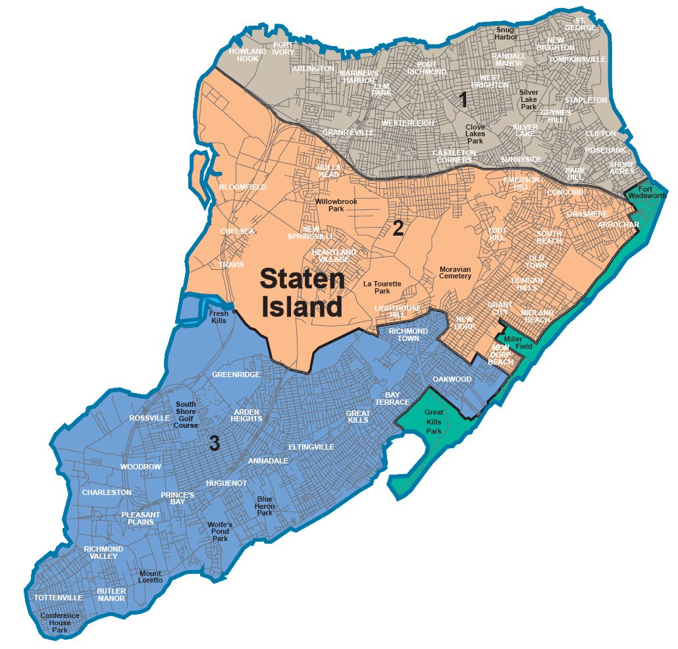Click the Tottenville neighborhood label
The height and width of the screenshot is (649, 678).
click(x=58, y=598)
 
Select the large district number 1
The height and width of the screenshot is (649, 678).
click(x=463, y=100)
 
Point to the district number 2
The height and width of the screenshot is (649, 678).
click(x=398, y=228)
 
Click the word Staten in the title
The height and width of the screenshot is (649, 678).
click(x=302, y=278)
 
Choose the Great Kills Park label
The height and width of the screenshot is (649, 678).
click(x=433, y=422)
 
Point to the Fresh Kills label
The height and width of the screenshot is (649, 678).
click(x=219, y=317)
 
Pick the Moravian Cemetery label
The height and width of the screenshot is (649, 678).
click(x=456, y=273)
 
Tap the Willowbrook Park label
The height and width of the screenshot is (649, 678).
click(x=339, y=205)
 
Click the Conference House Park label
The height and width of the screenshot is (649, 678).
click(x=59, y=623)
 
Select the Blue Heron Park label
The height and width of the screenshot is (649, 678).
click(x=265, y=506)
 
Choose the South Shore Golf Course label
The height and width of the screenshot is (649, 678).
click(x=186, y=415)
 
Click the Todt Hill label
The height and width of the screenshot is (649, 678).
click(x=498, y=234)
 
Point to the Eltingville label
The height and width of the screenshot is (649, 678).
click(x=311, y=447)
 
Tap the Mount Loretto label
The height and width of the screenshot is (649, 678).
click(x=151, y=577)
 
